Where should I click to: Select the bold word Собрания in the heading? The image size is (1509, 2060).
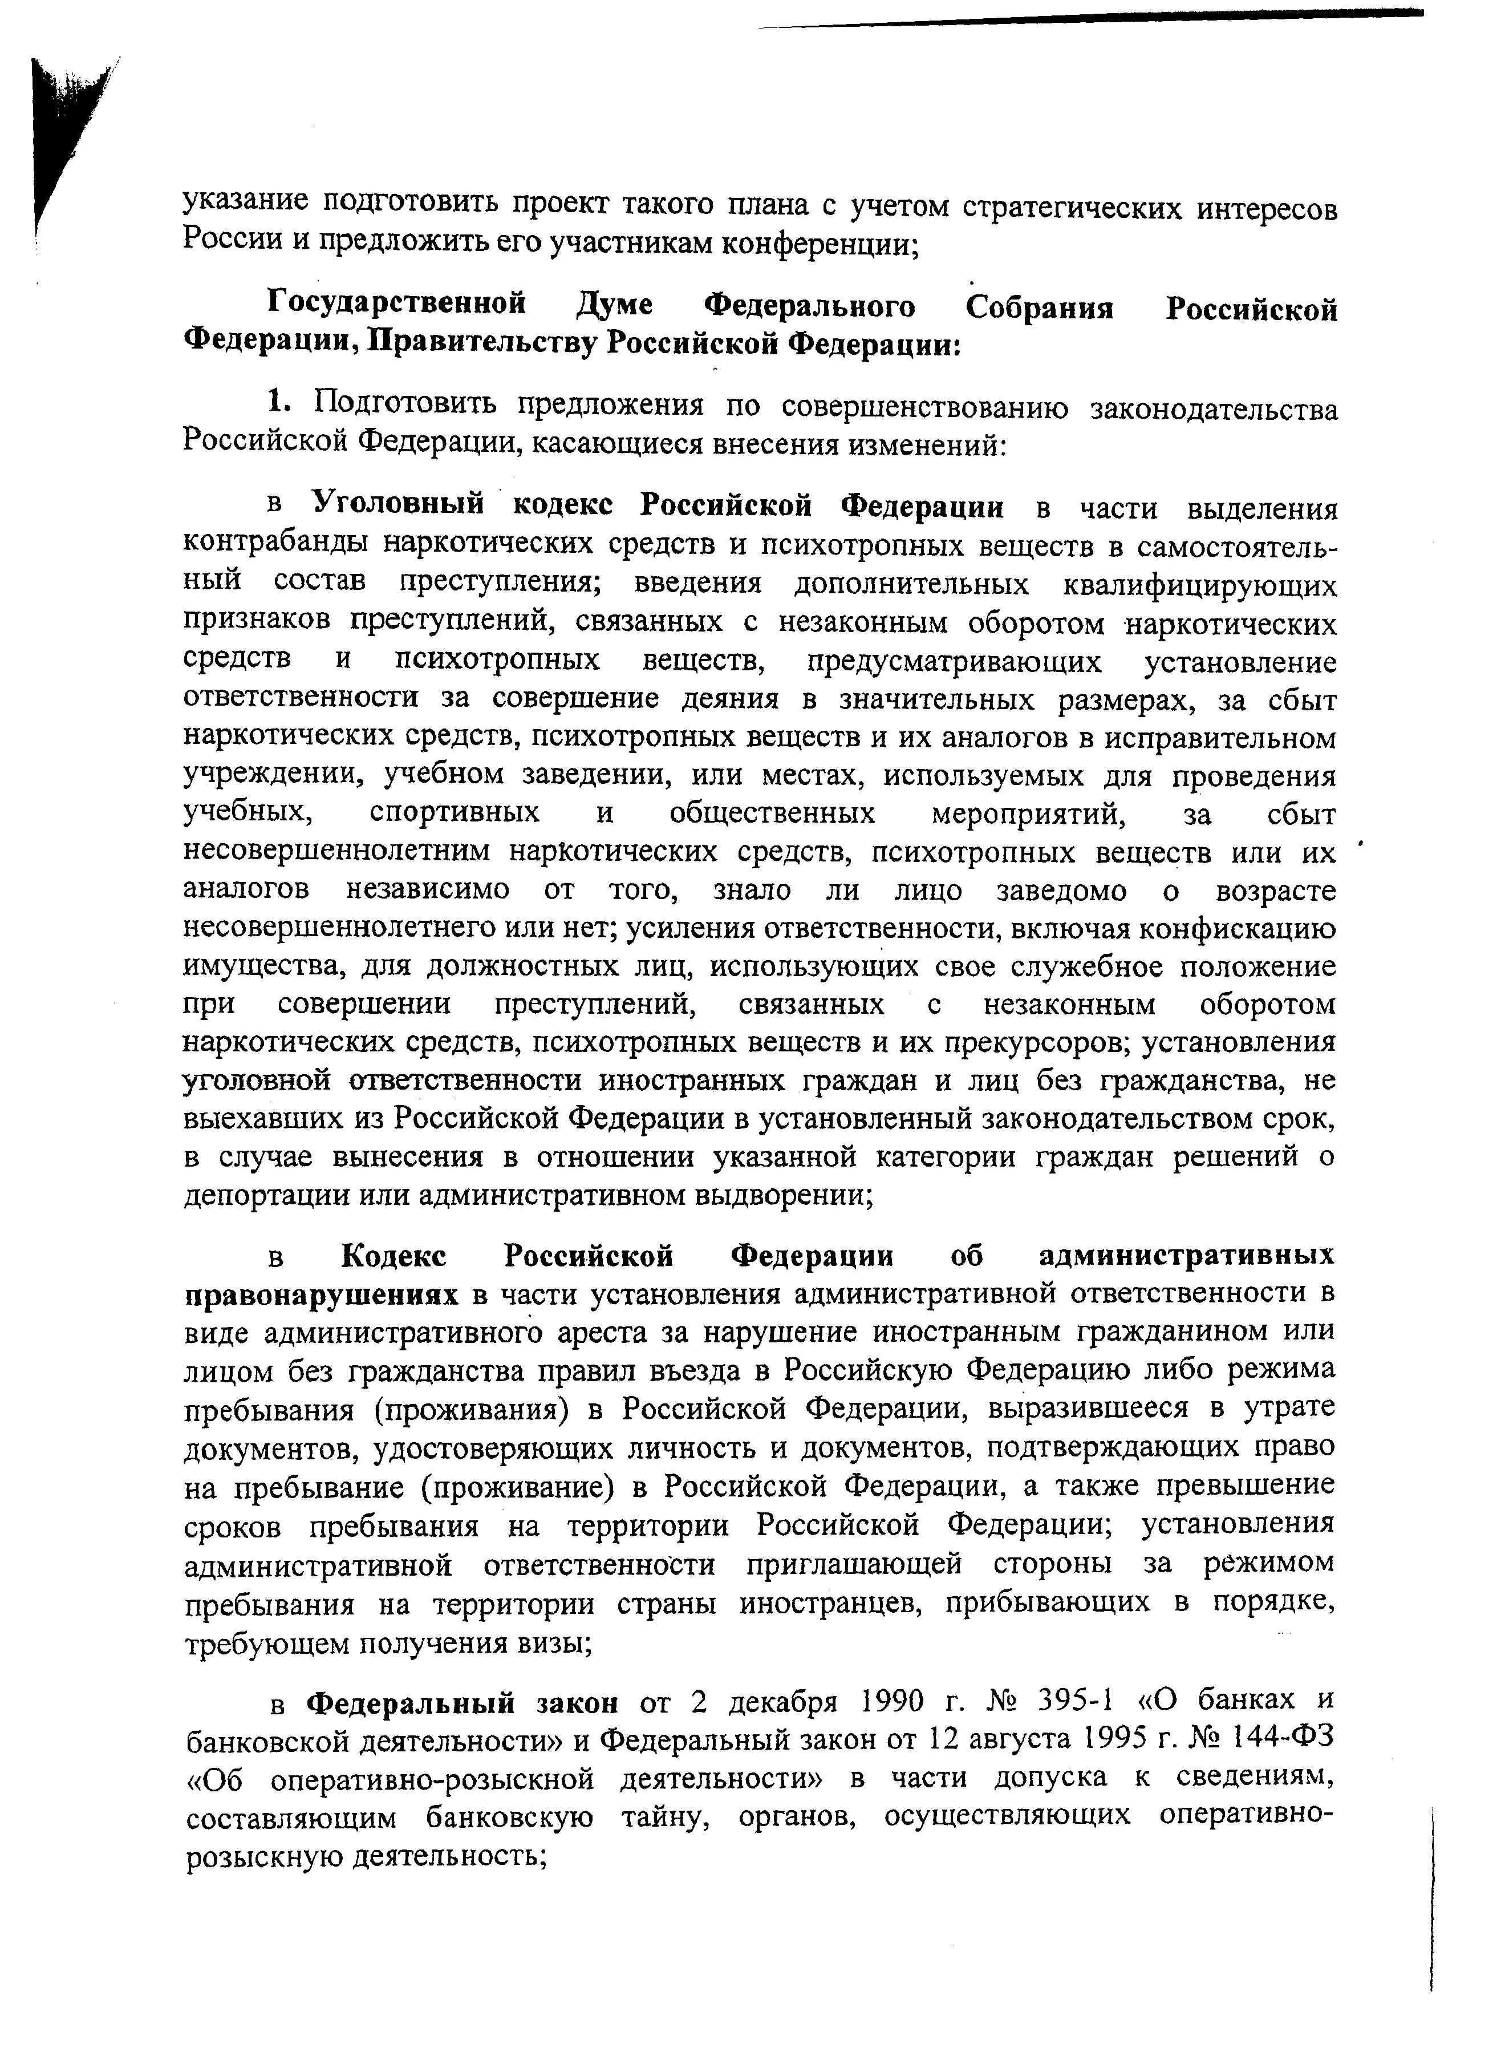(1040, 307)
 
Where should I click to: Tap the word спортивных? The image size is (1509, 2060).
(454, 813)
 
